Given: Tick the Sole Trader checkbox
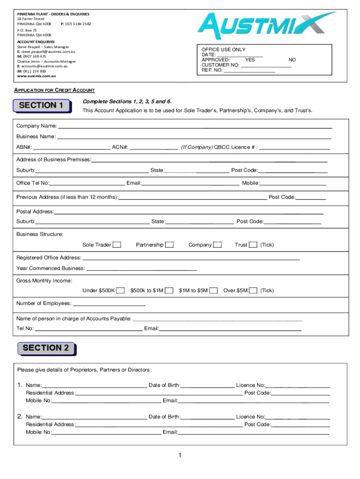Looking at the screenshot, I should (x=117, y=245).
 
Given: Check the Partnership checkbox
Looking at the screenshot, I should (x=169, y=245).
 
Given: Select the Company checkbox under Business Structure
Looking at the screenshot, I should (x=217, y=245).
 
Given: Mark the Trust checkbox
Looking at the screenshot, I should (x=253, y=245).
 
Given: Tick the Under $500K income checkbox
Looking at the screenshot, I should (x=121, y=290).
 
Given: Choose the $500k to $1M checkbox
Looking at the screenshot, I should (x=169, y=290).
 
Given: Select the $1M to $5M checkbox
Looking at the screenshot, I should (x=214, y=290).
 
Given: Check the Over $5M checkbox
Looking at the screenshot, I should (x=253, y=290).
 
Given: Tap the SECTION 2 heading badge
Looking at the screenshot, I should (x=46, y=348).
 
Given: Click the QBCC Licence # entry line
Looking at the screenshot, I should (x=295, y=148).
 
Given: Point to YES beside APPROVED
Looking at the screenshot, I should (x=250, y=60).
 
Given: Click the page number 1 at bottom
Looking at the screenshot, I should (x=180, y=456).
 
